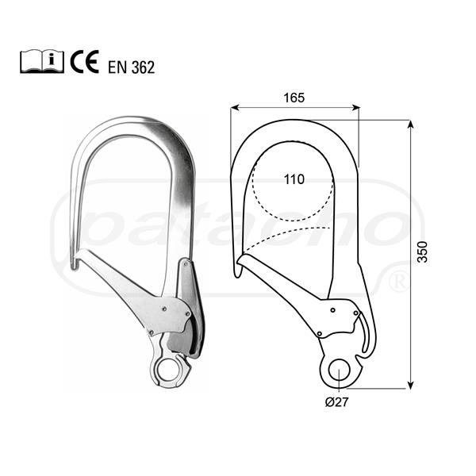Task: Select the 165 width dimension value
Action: [294, 98]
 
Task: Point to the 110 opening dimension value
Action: [294, 179]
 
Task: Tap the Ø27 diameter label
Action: [336, 402]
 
